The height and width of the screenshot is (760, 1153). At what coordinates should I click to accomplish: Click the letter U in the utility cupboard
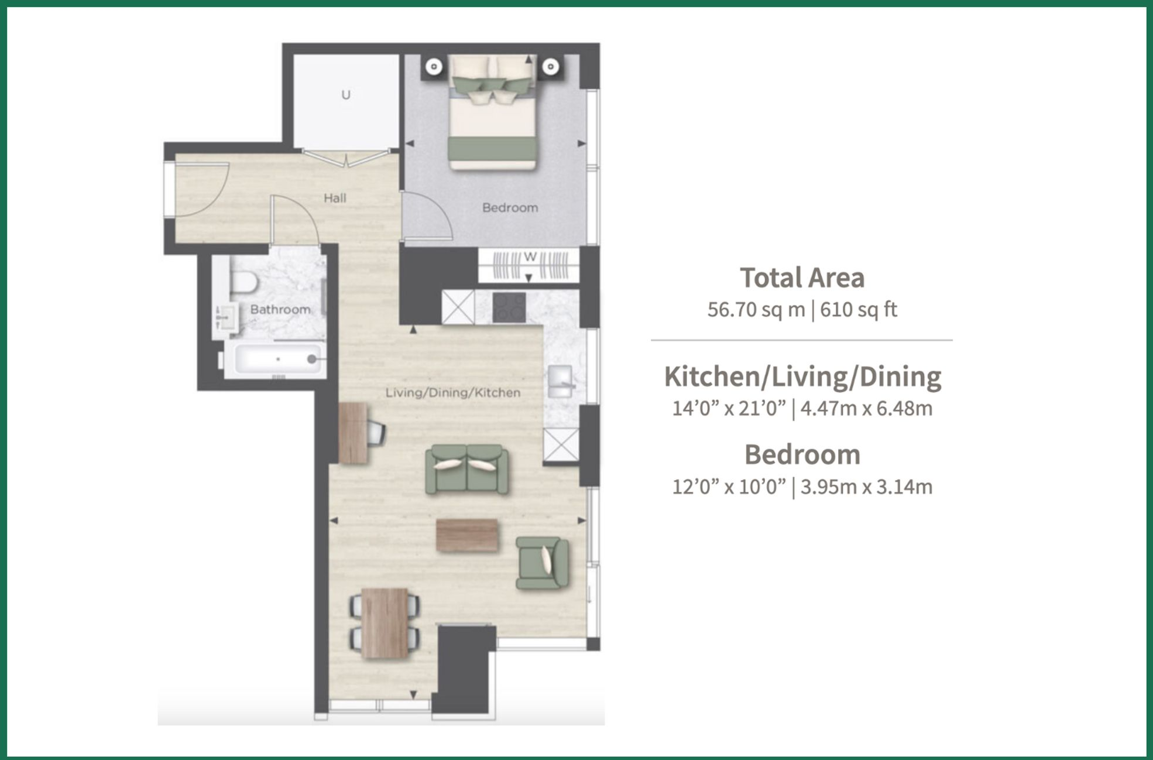pos(346,95)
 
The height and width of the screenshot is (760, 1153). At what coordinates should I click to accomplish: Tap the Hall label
pos(335,198)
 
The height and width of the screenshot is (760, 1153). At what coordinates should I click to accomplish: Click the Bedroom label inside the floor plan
pos(510,208)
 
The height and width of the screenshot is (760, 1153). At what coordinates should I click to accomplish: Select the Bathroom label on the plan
pos(280,309)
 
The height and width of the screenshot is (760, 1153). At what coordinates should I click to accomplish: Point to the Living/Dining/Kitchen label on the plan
pos(452,393)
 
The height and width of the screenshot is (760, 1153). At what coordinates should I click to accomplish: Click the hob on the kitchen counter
pos(509,307)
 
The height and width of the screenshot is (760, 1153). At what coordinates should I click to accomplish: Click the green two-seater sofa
pos(466,469)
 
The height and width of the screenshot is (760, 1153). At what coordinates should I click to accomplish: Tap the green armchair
pos(542,563)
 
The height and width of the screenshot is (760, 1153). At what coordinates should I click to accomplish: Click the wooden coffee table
pos(467,535)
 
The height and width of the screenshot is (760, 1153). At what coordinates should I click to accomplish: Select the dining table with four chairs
pos(385,623)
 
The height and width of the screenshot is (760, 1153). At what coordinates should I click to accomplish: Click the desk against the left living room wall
pos(353,433)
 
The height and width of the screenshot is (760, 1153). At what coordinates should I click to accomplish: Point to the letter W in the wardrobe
pos(530,257)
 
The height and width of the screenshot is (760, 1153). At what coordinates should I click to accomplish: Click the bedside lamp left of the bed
pos(434,67)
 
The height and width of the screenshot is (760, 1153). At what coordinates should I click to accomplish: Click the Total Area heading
pos(802,278)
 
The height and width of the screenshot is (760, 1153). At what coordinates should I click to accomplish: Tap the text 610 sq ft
pos(858,310)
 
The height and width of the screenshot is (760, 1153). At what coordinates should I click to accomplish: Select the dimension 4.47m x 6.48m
pos(866,408)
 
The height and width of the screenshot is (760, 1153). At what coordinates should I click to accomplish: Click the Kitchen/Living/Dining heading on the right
pos(802,376)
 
